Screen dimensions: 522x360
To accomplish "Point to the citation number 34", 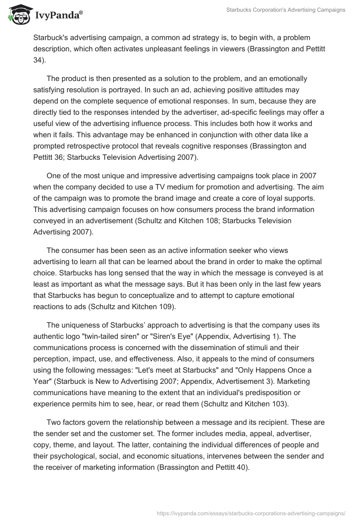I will click(x=38, y=58).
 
